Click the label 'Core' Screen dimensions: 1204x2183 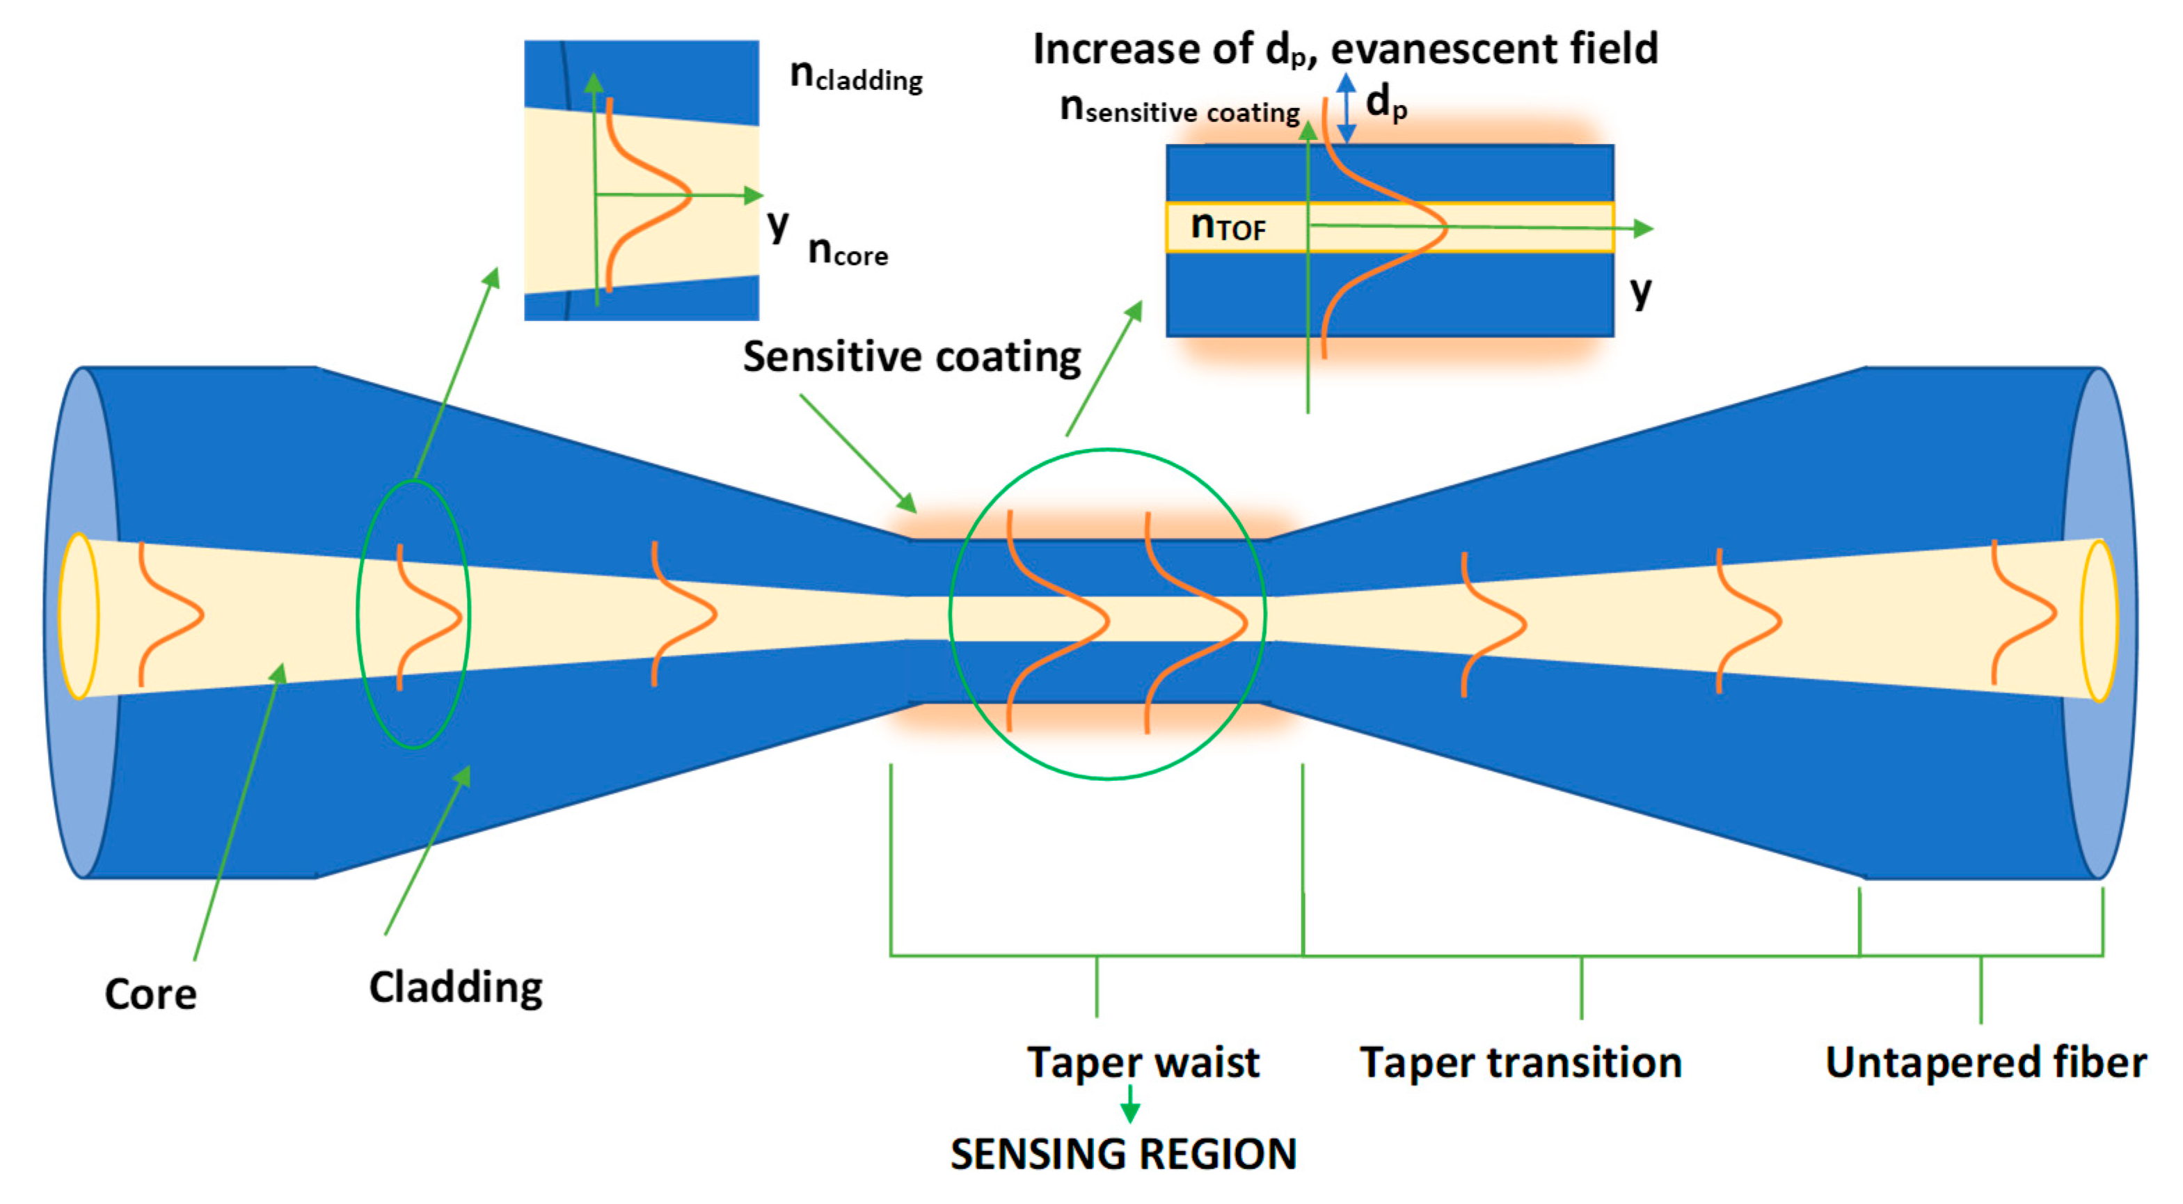coord(150,993)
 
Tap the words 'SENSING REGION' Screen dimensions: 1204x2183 coord(1123,1154)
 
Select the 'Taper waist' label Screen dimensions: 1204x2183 coord(1143,1063)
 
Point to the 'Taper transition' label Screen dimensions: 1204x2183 coord(1521,1063)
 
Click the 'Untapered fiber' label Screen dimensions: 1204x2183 coord(1985,1063)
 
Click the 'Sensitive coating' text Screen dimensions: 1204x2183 coord(912,357)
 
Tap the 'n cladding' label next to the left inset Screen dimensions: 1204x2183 coord(855,77)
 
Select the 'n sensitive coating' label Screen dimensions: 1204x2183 coord(1179,110)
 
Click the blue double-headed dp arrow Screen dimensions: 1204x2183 coord(1347,108)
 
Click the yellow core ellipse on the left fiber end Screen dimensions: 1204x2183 coord(78,616)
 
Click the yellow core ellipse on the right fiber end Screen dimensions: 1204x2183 coord(2099,621)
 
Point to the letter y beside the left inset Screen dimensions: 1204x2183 coord(777,225)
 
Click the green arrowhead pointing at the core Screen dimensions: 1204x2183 coord(279,674)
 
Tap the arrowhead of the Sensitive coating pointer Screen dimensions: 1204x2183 coord(907,503)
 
